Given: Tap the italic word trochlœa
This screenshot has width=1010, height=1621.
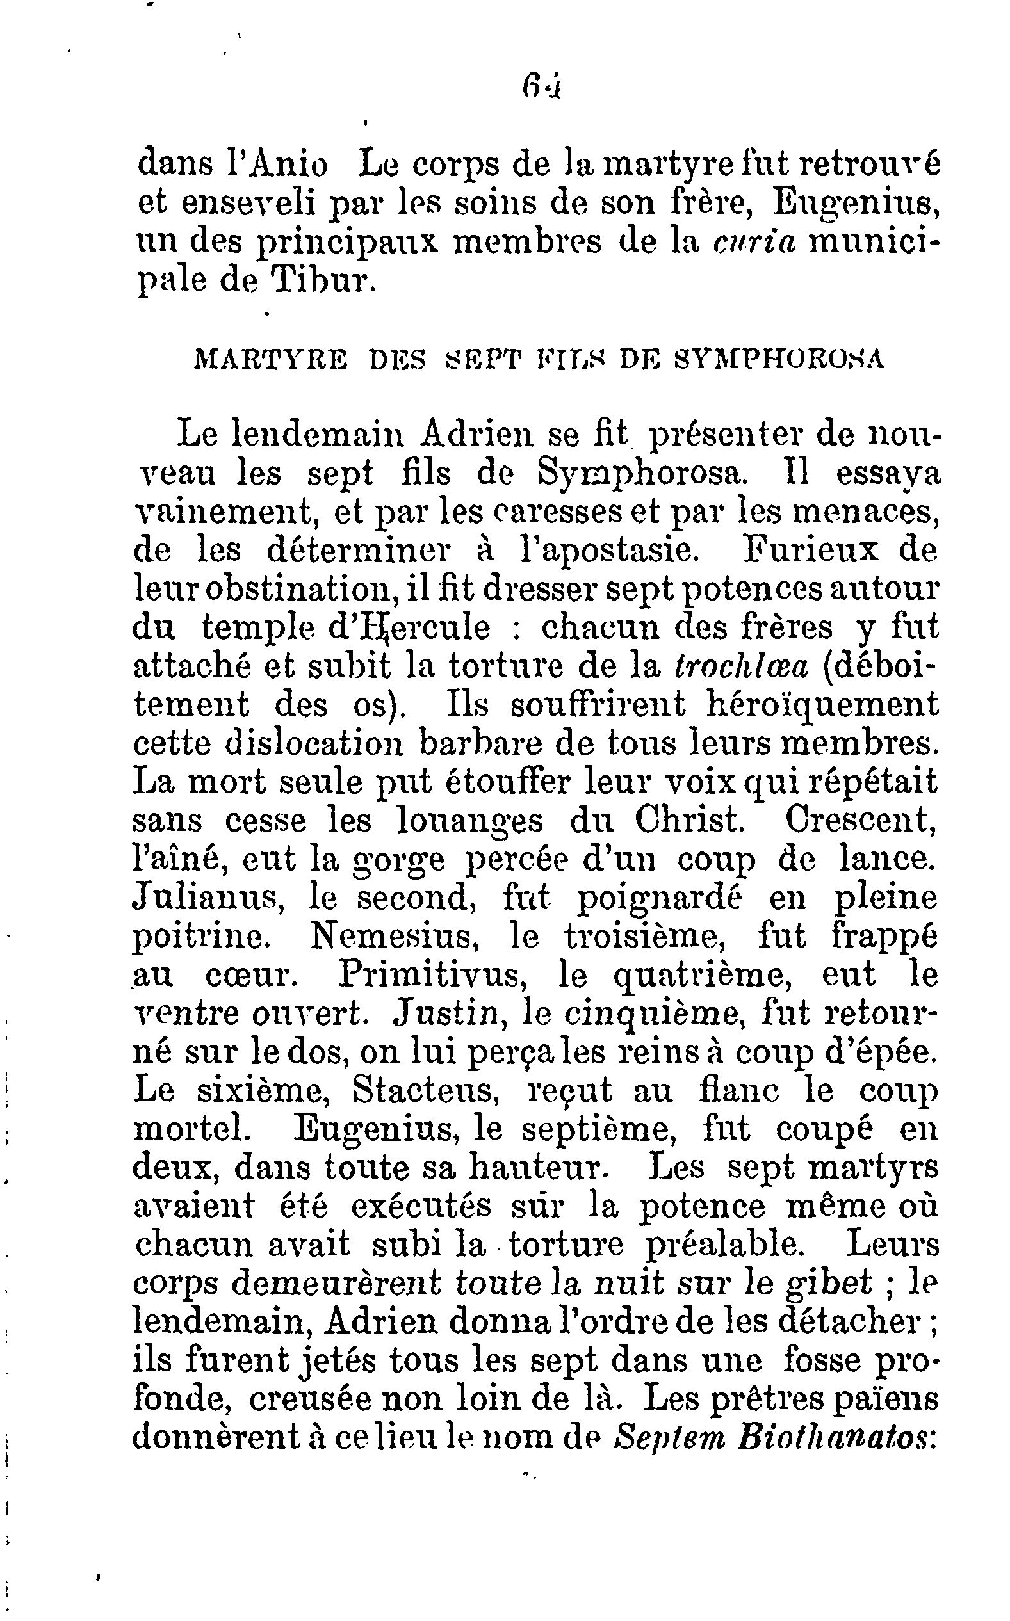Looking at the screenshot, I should tap(741, 666).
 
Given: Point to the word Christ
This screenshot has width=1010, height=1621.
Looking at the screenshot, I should tap(689, 821).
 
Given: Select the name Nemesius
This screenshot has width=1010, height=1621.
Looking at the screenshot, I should tap(393, 936).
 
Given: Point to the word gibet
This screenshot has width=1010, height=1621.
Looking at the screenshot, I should tap(828, 1283).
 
